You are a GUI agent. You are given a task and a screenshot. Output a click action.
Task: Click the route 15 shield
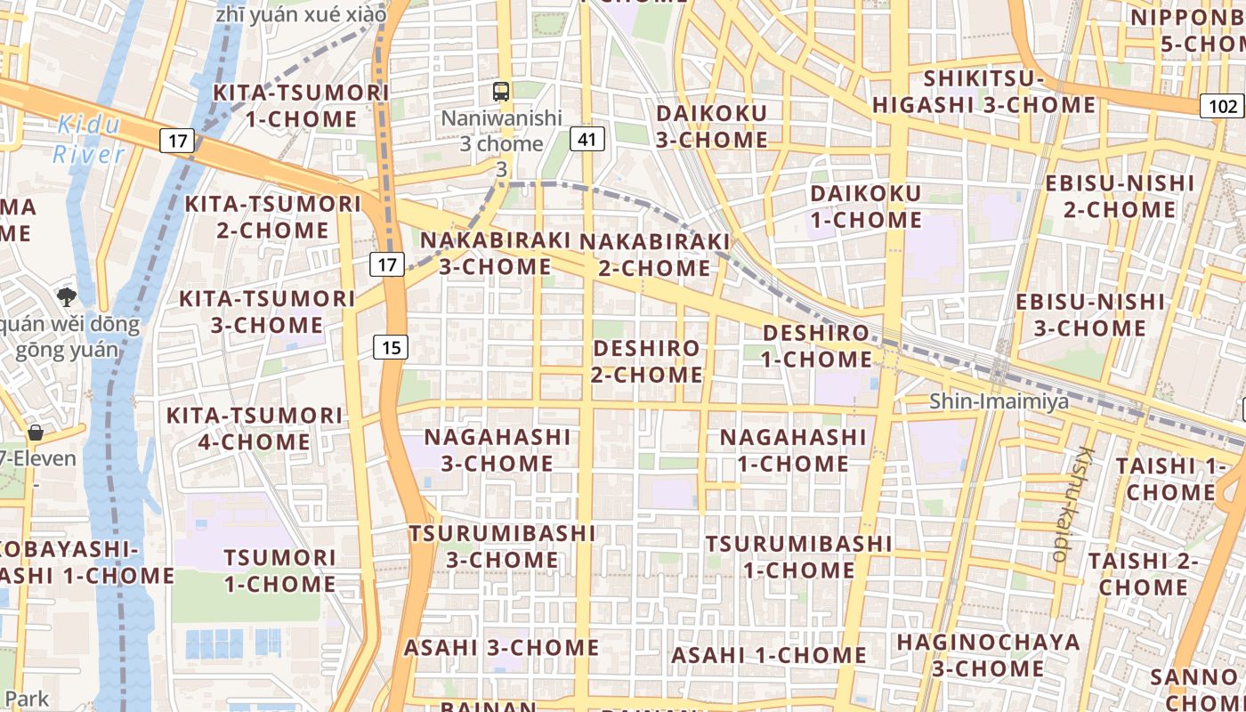tap(391, 347)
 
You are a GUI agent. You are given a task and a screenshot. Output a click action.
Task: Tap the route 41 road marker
tap(586, 139)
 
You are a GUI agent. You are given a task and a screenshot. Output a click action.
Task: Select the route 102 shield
tap(1223, 106)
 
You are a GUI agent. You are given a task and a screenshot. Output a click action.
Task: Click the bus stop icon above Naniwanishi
tap(501, 91)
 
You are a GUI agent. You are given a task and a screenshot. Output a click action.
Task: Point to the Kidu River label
tap(88, 139)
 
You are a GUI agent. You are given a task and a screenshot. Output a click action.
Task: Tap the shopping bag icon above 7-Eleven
tap(36, 433)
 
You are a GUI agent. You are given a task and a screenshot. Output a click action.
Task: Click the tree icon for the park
tap(66, 296)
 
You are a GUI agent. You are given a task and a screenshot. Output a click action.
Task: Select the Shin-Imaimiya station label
tap(999, 401)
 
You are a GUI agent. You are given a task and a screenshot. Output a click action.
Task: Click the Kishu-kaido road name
tap(1072, 503)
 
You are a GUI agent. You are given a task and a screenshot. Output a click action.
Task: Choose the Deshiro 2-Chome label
tap(647, 360)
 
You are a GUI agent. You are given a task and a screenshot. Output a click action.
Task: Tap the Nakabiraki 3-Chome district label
tap(495, 253)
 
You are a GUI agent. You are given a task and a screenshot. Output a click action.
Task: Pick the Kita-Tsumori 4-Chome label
tap(255, 428)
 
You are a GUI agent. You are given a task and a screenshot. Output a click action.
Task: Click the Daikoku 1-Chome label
tap(865, 206)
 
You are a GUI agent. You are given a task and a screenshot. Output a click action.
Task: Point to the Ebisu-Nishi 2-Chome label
tap(1120, 197)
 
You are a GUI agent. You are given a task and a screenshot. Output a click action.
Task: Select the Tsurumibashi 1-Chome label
tap(798, 556)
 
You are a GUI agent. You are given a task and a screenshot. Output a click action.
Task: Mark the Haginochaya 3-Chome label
tap(988, 655)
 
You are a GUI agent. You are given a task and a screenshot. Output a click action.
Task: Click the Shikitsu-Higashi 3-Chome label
tap(983, 92)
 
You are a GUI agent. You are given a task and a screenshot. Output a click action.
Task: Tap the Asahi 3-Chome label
tap(501, 647)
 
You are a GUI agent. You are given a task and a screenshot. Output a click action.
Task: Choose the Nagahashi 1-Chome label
tap(792, 450)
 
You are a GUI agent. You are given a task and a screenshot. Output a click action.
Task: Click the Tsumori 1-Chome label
tap(279, 570)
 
